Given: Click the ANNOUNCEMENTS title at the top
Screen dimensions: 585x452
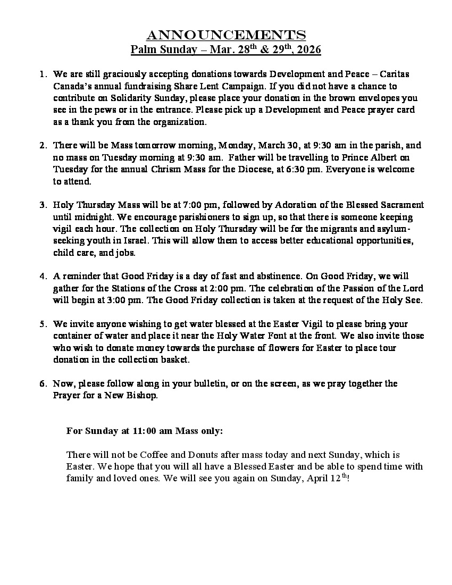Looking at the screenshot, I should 226,36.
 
